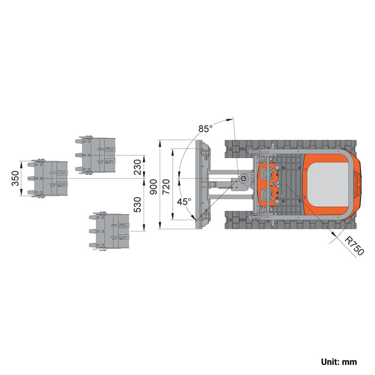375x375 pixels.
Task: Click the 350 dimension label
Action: pos(16,178)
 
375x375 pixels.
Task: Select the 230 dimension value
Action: pos(138,167)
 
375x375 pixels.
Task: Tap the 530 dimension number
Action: pos(138,205)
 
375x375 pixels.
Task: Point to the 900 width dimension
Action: pos(153,187)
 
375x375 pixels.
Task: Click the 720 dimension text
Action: pos(166,187)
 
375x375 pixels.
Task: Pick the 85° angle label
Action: pos(205,129)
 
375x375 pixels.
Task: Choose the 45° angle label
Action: pos(184,201)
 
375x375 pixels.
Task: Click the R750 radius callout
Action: pos(355,245)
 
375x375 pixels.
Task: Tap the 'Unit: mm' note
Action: pos(339,362)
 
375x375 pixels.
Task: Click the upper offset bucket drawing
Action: pos(96,155)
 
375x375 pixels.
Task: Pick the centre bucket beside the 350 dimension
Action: pos(48,178)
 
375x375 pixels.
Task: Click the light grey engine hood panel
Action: pos(328,184)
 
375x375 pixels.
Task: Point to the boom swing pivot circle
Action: pos(243,178)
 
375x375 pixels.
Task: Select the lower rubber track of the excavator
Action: pos(290,220)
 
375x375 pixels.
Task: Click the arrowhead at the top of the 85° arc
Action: pos(230,119)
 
